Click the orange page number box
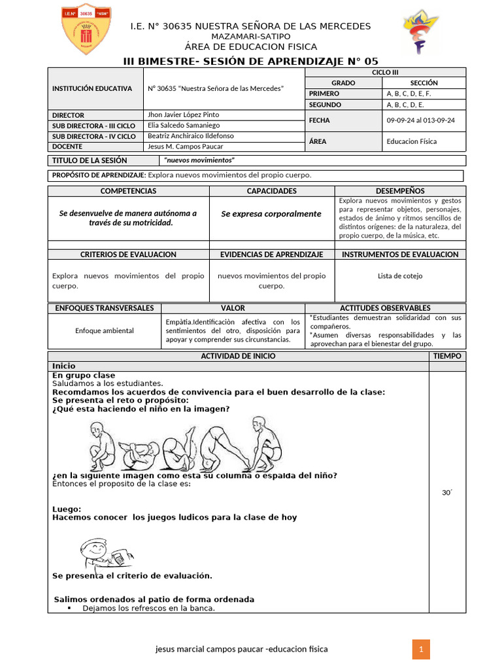coord(422,649)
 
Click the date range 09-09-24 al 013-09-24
coord(421,120)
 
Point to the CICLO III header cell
coord(385,73)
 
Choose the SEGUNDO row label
coord(325,105)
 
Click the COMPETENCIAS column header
coord(128,191)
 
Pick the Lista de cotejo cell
coord(400,275)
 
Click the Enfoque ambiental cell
coord(104,330)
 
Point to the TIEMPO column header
coord(447,356)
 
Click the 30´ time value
coord(447,494)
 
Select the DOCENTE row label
coord(67,147)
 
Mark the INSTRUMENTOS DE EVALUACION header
coord(400,255)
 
